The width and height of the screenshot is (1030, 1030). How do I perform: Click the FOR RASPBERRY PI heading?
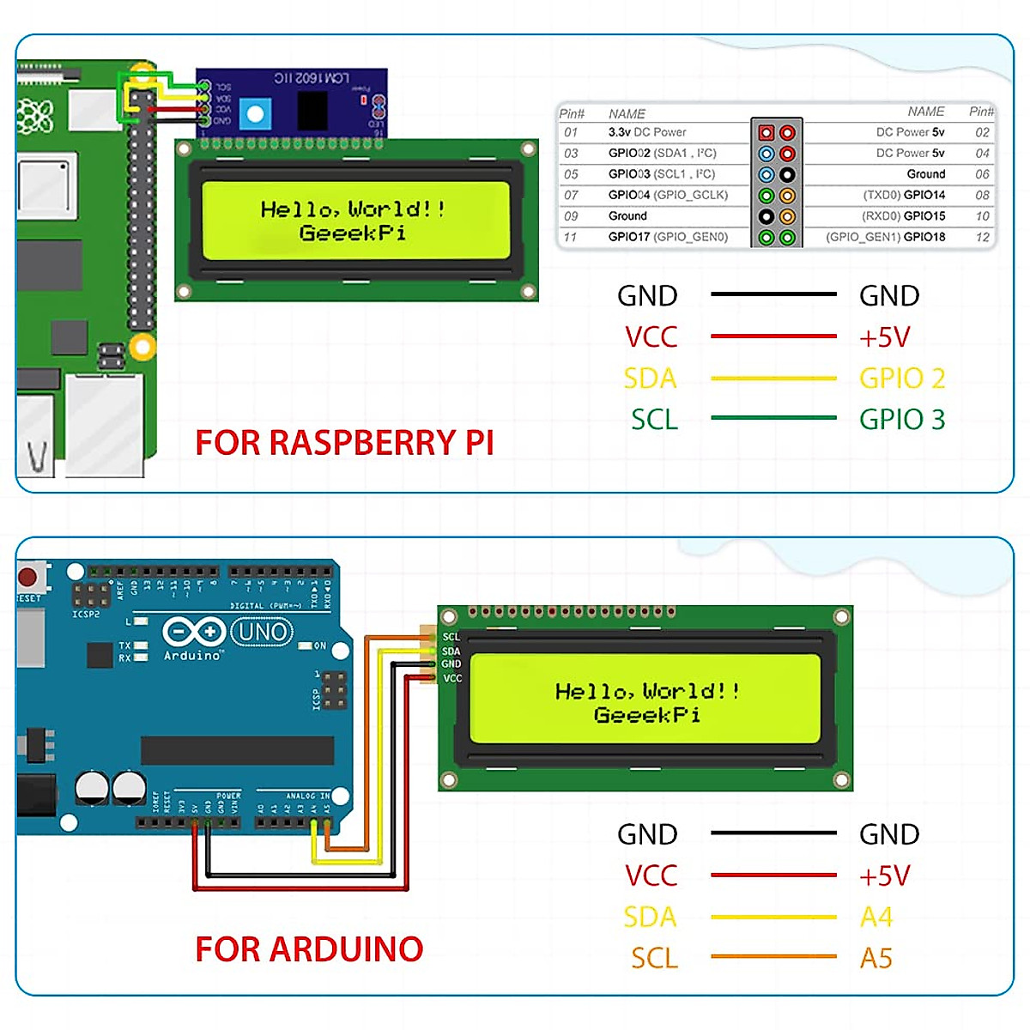coord(344,443)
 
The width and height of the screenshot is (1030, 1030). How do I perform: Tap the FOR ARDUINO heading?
coord(309,949)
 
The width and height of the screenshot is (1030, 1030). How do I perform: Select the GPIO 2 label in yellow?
coord(902,379)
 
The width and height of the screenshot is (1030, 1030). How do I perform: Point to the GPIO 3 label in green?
coord(902,420)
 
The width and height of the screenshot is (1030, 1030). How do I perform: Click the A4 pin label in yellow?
coord(876,918)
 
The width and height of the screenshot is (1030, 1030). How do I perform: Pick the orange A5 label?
coord(876,958)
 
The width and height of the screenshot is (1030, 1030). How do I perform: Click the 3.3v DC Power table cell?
coord(647,132)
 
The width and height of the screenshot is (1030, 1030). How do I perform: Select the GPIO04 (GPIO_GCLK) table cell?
coord(668,195)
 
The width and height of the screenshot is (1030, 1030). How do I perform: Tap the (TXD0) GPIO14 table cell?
coord(904,195)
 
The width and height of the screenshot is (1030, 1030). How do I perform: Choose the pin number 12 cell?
coord(983,237)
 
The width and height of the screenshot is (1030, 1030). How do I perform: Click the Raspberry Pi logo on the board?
coord(36,115)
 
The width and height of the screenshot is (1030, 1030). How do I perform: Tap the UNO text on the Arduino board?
coord(263,633)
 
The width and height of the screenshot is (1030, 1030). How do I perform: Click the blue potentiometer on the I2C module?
coord(255,113)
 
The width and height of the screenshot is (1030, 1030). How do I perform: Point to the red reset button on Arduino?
coord(29,576)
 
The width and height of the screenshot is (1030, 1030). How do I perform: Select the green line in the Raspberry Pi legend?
coord(773,418)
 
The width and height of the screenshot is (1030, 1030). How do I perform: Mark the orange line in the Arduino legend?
coord(773,956)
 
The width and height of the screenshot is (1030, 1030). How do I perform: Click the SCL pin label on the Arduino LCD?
coord(451,637)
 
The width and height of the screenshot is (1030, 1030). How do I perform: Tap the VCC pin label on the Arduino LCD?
coord(452,678)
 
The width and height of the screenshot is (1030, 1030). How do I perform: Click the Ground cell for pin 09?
coord(627,216)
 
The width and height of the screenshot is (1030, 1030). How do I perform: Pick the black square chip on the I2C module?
coord(312,109)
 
